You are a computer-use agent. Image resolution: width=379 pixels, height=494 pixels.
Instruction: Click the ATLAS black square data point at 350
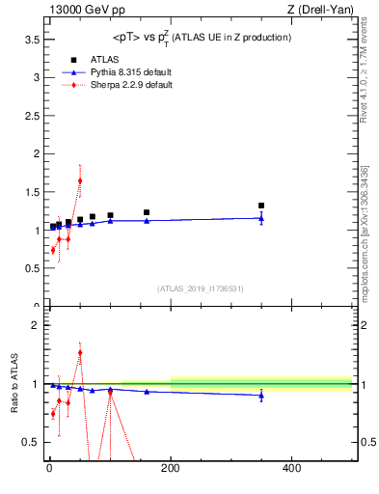point(261,206)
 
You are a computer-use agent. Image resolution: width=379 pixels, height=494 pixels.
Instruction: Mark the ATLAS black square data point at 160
point(147,212)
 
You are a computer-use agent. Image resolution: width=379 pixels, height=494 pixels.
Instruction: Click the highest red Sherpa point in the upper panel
point(80,180)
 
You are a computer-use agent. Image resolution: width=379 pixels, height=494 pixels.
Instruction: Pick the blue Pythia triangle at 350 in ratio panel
point(261,396)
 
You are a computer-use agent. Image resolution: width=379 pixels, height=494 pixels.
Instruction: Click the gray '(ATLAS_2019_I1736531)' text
point(201,288)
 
